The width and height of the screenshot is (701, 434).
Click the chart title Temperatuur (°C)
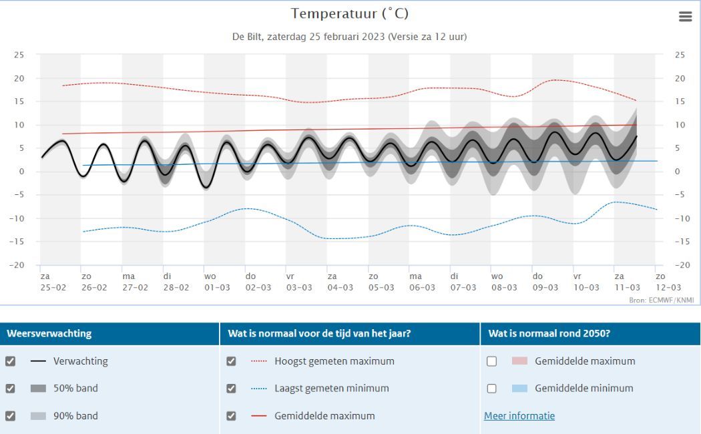[350, 14]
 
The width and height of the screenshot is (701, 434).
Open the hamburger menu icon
[686, 17]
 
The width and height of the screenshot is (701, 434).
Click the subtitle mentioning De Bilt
[350, 37]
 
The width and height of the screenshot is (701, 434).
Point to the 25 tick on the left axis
[19, 55]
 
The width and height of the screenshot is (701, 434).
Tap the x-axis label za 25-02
[53, 282]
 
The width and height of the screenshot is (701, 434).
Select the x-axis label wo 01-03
[217, 282]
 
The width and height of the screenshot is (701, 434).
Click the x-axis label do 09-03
[545, 282]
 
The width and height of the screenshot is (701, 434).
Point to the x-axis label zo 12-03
[668, 282]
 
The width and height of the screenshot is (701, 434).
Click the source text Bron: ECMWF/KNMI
[662, 300]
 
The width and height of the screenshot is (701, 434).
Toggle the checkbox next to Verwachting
[10, 361]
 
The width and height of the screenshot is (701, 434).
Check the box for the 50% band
[10, 389]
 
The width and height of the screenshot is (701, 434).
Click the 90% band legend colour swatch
[38, 416]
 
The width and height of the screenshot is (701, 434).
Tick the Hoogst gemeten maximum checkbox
[231, 361]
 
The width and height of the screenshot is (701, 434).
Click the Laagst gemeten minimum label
[332, 389]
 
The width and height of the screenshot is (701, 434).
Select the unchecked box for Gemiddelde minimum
[492, 389]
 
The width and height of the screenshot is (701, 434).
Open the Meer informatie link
[519, 416]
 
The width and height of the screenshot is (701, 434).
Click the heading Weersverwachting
[49, 333]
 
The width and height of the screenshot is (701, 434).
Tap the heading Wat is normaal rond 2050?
[549, 333]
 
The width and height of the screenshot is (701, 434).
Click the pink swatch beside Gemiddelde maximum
[519, 361]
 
